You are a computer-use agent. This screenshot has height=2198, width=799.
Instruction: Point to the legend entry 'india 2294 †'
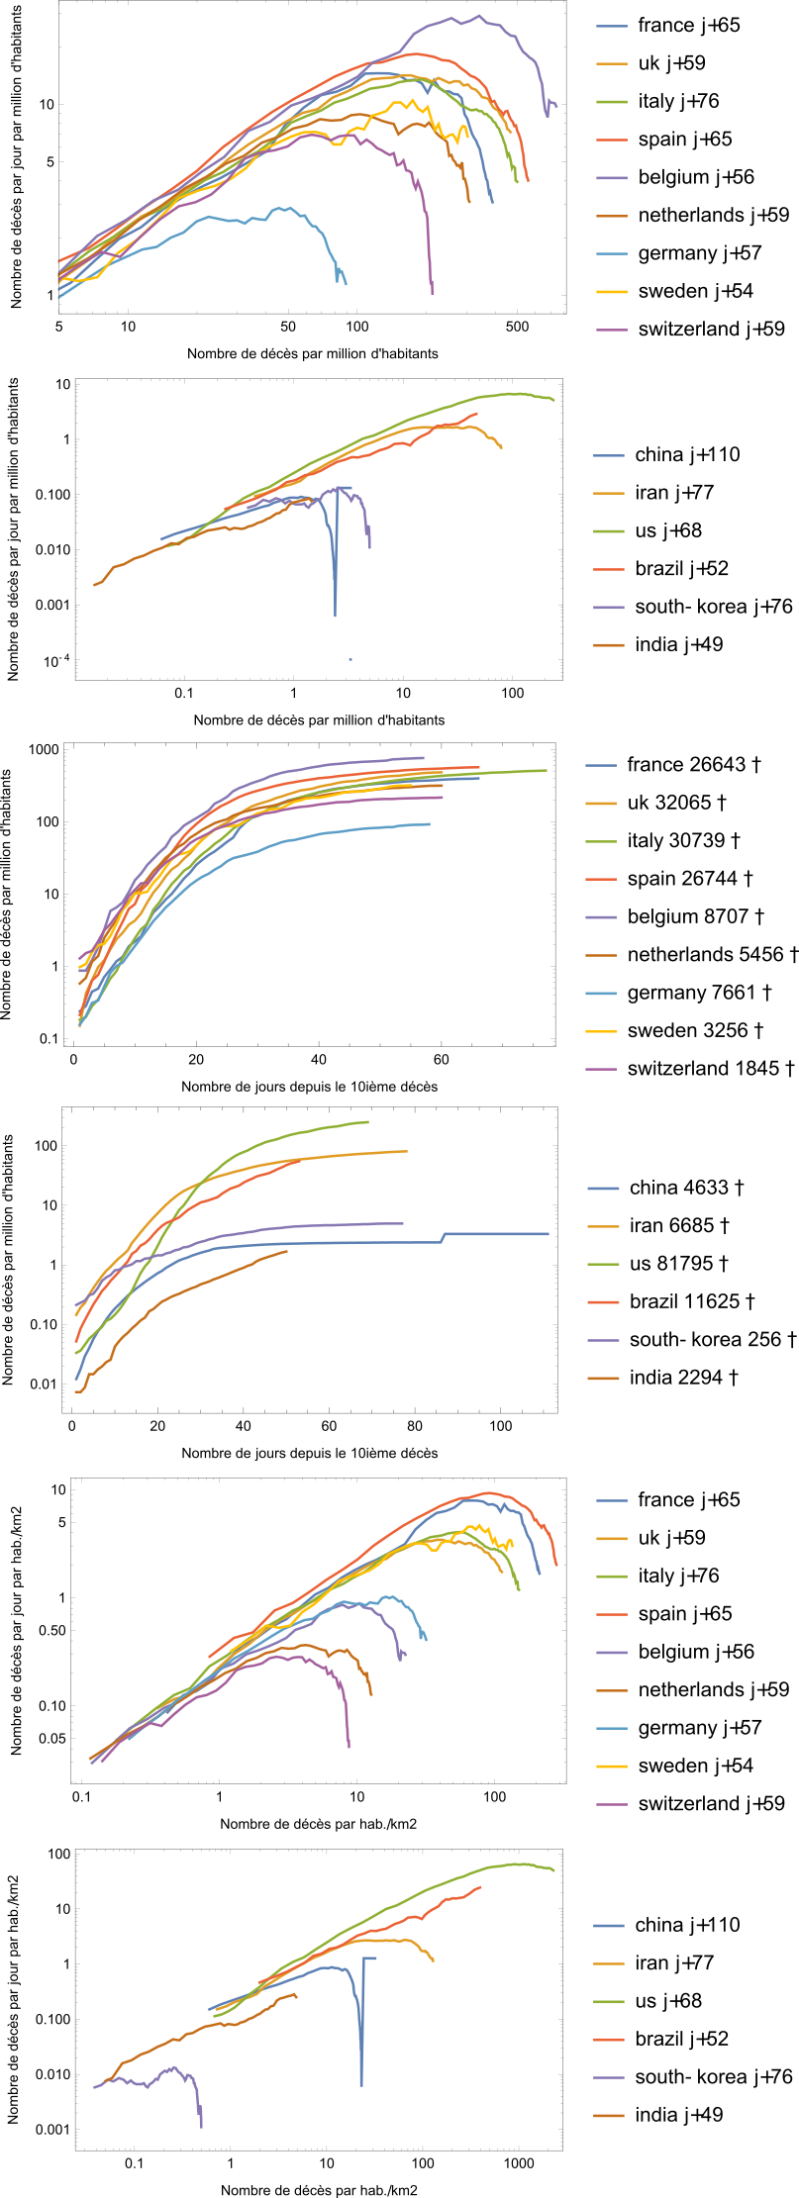coord(683,1378)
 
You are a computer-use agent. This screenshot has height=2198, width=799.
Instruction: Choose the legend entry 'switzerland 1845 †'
coord(711,1069)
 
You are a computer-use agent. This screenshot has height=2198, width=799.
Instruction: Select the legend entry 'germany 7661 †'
coord(699,993)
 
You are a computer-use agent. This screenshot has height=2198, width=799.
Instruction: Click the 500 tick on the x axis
coord(517,327)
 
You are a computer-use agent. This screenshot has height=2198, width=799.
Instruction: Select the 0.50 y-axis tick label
coord(50,1630)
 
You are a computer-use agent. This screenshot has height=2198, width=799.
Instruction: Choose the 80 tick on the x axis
coord(415,1426)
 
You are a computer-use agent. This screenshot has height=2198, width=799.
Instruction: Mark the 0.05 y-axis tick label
coord(52,1738)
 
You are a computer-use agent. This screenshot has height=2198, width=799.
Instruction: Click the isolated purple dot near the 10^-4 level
coord(350,659)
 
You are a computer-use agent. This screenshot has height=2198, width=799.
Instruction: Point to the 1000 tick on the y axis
coord(45,749)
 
